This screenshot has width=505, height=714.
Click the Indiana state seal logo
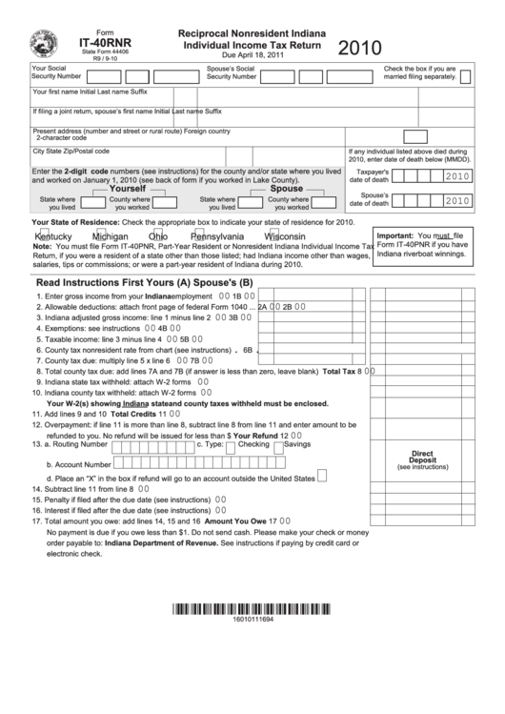click(45, 45)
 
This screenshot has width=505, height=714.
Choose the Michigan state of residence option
click(110, 236)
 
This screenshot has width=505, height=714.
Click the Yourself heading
click(128, 189)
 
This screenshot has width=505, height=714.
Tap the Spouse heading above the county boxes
click(286, 189)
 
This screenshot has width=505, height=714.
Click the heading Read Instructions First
click(93, 283)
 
